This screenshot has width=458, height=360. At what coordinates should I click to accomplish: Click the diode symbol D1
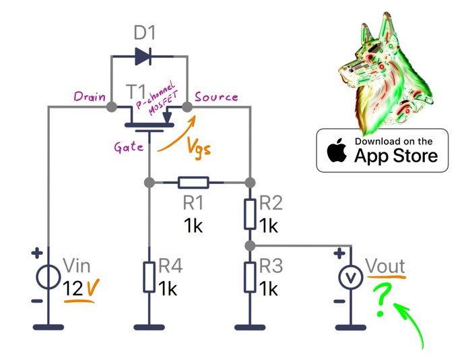tap(143, 55)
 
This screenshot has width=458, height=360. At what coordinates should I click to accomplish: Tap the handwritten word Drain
tap(90, 97)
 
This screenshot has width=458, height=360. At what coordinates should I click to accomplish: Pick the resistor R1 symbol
tap(193, 182)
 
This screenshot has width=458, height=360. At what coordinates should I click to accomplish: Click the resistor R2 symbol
tap(249, 214)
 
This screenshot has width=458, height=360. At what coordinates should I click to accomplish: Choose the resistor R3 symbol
tap(249, 278)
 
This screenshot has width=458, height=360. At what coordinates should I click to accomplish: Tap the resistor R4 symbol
tap(149, 278)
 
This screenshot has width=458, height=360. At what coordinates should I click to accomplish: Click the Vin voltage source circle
tap(48, 278)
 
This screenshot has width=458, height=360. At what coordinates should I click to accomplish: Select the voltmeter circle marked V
tap(350, 278)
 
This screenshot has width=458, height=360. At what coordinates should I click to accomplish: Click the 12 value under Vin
tap(73, 289)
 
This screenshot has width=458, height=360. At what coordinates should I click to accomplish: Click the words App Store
tap(396, 156)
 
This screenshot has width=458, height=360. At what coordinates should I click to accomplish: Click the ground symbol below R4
tap(149, 327)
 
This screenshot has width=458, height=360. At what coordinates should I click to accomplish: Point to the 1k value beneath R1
tap(193, 226)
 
